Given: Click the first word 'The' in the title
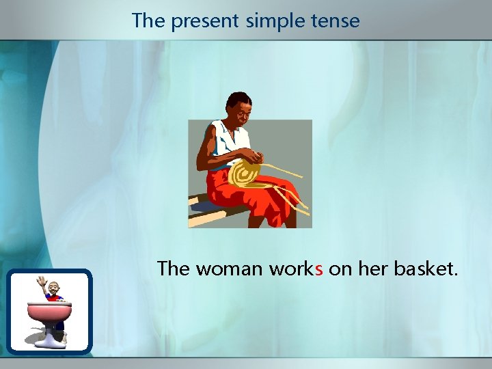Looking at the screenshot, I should click(x=148, y=20).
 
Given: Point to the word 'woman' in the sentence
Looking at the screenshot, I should click(x=229, y=269).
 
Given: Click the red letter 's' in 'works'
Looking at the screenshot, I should click(x=318, y=269).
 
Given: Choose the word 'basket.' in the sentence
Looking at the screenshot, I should click(x=426, y=269).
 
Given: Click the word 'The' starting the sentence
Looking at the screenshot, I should click(x=173, y=269).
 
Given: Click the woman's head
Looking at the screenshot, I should click(x=239, y=107).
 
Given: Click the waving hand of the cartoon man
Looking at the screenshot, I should click(x=41, y=281).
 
